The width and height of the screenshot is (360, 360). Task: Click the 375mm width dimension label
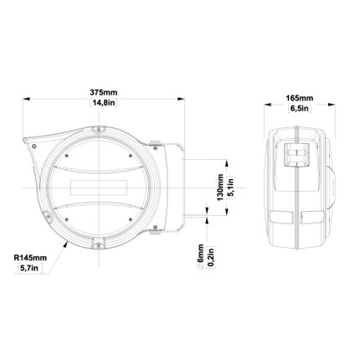(x=104, y=92)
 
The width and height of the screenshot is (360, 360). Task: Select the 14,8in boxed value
(x=104, y=103)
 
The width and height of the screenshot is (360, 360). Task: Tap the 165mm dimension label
(x=300, y=98)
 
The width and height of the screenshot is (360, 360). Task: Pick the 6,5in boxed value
(x=300, y=109)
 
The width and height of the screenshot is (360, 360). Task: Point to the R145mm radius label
(x=30, y=258)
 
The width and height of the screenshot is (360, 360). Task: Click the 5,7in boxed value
(x=31, y=269)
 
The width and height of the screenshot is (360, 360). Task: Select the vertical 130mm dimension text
(x=220, y=188)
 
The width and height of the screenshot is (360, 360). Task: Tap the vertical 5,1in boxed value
(x=231, y=188)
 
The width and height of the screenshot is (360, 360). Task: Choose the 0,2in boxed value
(x=211, y=258)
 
